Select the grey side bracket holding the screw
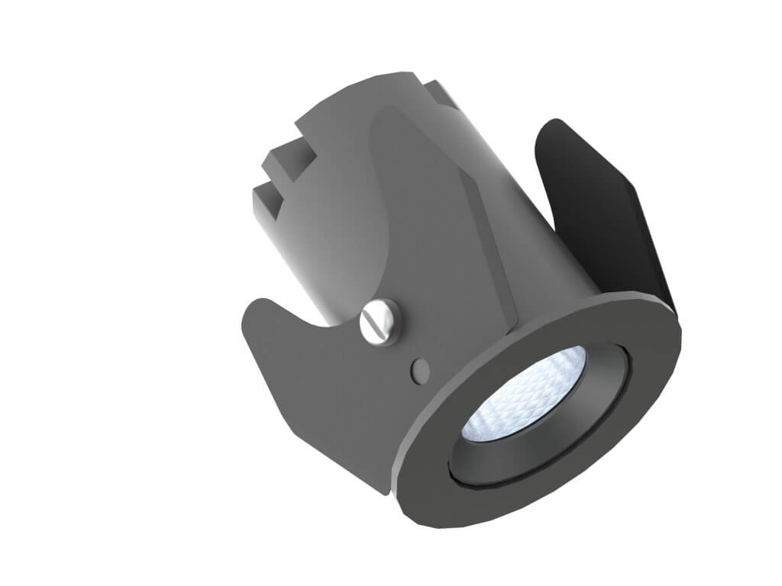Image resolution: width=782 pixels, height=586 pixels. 321,397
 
